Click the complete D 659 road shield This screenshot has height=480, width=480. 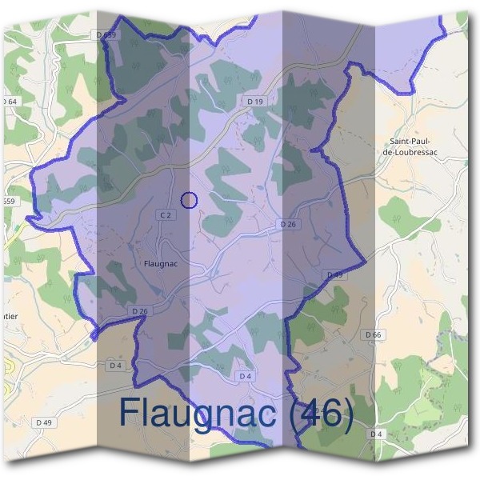[x=105, y=35]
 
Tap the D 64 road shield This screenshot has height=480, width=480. [x=10, y=102]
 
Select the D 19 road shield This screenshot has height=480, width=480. [x=254, y=102]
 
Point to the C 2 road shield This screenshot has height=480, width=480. [x=166, y=215]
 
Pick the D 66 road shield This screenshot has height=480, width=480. [x=372, y=334]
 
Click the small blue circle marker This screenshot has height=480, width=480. [x=189, y=200]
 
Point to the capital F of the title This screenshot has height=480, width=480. [x=130, y=414]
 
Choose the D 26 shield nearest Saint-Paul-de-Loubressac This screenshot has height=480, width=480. [x=288, y=225]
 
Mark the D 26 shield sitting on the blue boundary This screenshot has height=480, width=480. [x=139, y=310]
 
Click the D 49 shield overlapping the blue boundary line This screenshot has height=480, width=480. [x=334, y=275]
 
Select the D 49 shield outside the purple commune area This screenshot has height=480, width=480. [x=43, y=422]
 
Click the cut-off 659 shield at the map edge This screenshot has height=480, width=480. [x=8, y=201]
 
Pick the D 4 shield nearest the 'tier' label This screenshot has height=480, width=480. [x=116, y=366]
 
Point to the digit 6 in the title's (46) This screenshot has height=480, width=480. [x=329, y=414]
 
